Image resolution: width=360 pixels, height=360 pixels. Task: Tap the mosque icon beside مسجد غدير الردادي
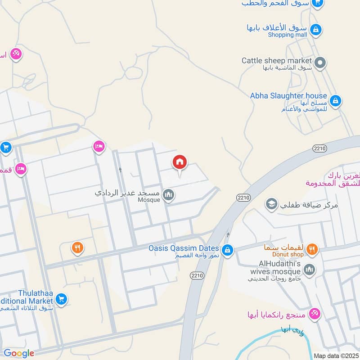(x=169, y=195)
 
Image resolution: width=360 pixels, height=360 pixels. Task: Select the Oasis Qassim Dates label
(x=184, y=248)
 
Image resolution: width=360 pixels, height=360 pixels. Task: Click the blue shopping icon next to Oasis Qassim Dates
(x=228, y=249)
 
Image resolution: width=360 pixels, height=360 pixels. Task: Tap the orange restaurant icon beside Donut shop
(x=312, y=249)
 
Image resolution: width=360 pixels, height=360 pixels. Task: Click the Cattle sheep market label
(x=276, y=60)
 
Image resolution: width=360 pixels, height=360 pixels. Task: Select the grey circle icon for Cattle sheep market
(x=320, y=63)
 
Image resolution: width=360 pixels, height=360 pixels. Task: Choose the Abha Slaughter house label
(x=288, y=96)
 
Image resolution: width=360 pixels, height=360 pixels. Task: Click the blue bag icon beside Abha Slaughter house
(x=335, y=101)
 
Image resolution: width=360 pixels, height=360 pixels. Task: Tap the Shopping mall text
(x=288, y=35)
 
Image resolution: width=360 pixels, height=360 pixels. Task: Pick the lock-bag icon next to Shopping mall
(x=316, y=30)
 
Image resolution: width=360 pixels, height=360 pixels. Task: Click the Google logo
(x=19, y=353)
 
